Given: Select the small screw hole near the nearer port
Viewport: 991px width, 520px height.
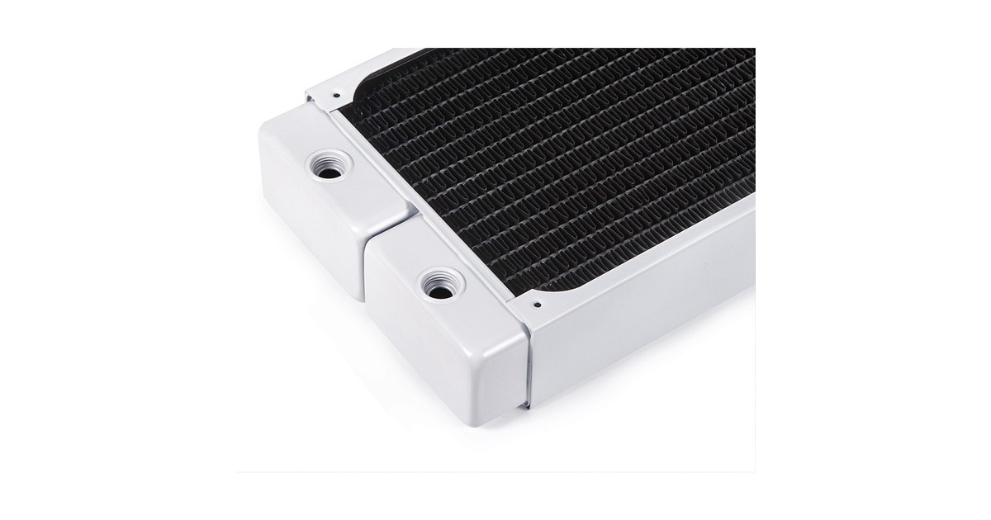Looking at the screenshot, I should click(x=536, y=304).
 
